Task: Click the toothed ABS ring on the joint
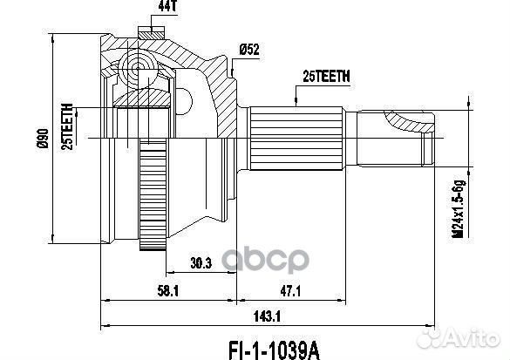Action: [154, 201]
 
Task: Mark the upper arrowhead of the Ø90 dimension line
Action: [53, 37]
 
